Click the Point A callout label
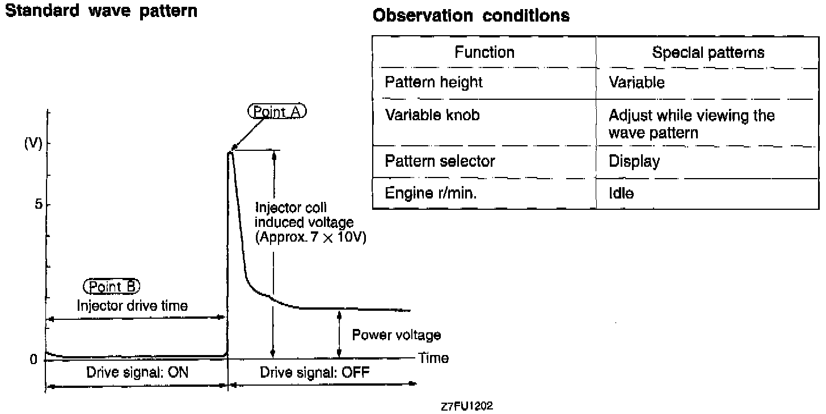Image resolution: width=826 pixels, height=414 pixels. (277, 112)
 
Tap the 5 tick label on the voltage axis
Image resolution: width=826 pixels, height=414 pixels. (39, 204)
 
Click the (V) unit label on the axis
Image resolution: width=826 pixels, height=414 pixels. (33, 143)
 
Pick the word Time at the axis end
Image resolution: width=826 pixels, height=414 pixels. (433, 358)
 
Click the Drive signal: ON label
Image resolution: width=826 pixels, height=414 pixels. (137, 373)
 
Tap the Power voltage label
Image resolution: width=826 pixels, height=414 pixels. (396, 335)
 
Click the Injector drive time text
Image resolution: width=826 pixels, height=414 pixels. (132, 306)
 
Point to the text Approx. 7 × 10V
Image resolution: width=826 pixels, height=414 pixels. (311, 237)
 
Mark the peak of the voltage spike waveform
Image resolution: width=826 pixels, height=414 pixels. (230, 152)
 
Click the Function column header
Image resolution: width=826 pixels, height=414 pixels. (484, 53)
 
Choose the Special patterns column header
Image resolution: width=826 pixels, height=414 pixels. (708, 53)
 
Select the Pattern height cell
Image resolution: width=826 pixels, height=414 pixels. (433, 82)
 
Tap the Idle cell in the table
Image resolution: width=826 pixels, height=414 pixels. (621, 193)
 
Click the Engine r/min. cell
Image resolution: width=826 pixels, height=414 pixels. (431, 193)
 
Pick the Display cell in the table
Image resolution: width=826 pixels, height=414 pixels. (634, 162)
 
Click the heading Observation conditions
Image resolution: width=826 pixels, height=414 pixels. (471, 15)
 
